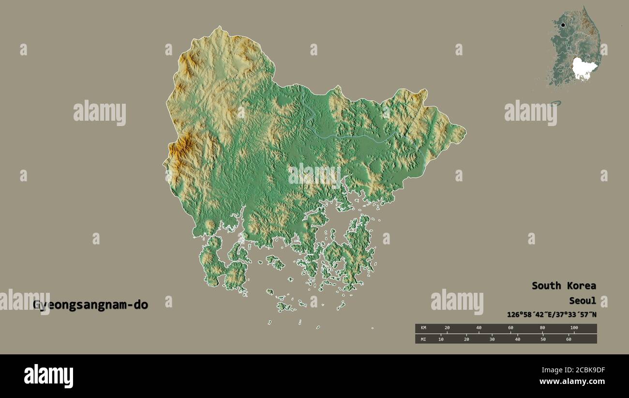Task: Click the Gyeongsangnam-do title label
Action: (x=90, y=305)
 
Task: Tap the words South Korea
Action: (x=564, y=286)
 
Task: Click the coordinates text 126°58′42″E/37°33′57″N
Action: (x=552, y=315)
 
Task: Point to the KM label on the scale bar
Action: (x=423, y=328)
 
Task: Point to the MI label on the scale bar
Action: (x=423, y=339)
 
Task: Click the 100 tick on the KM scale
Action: (x=574, y=328)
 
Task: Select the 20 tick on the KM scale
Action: (x=447, y=328)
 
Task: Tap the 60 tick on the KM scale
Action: (x=510, y=328)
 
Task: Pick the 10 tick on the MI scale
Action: (x=441, y=339)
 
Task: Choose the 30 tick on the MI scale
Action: (x=492, y=339)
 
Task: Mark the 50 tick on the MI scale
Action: (x=543, y=339)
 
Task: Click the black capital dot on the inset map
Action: (x=563, y=25)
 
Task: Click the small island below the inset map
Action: (x=555, y=103)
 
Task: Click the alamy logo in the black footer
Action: (x=48, y=376)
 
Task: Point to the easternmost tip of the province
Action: (x=465, y=130)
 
